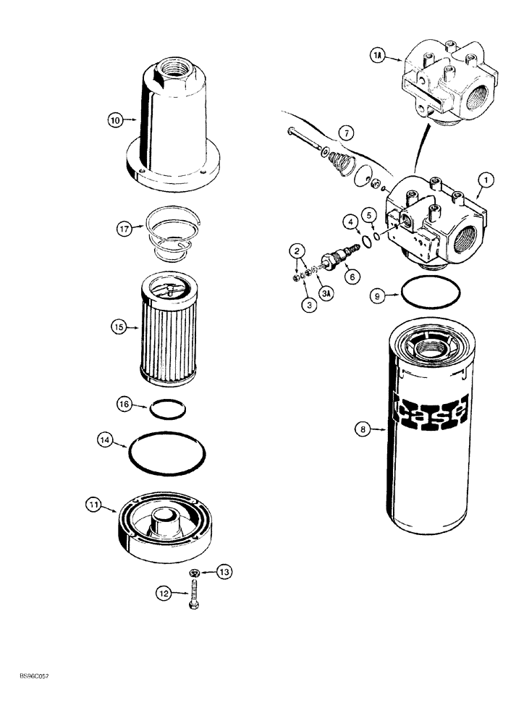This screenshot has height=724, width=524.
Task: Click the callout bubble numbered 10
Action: click(x=114, y=121)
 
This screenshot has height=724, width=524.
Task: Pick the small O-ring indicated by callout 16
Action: click(x=165, y=411)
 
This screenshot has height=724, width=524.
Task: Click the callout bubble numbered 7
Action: click(x=346, y=133)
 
